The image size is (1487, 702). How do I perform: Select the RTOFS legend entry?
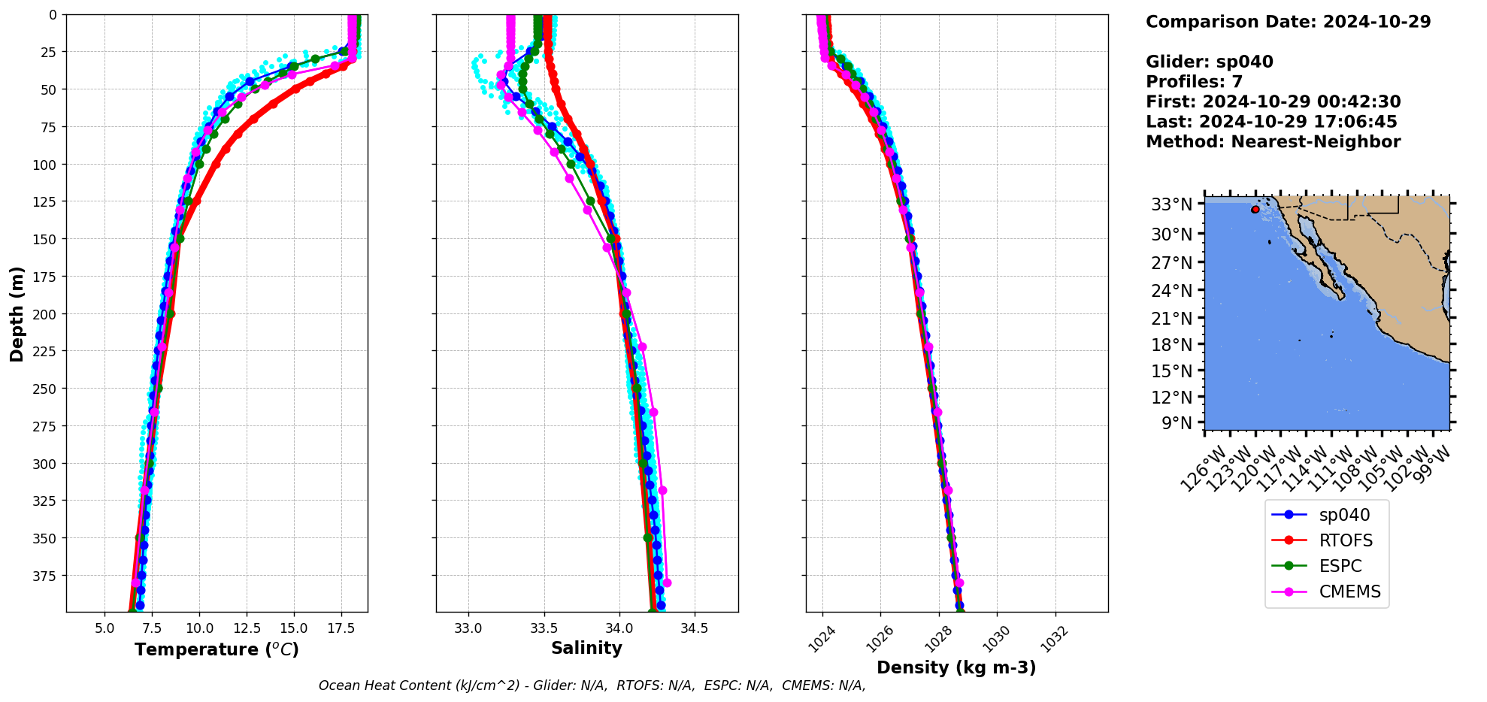click(1345, 540)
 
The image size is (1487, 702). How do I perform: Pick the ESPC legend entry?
click(1340, 566)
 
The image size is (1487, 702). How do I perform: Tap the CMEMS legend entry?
click(1349, 592)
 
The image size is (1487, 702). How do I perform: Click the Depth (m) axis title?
click(17, 313)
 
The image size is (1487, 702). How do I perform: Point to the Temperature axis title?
click(217, 649)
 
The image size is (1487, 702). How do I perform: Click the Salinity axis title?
click(586, 649)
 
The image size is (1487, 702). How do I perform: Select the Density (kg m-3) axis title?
click(956, 667)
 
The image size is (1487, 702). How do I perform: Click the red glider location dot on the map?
click(1255, 210)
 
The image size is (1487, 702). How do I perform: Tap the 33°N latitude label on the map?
click(1172, 204)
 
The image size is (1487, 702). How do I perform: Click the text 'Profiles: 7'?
click(1194, 82)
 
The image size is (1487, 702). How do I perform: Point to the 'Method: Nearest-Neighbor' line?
click(1273, 142)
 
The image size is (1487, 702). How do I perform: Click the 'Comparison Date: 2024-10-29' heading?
click(1288, 22)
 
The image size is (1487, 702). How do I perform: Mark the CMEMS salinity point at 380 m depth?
click(666, 582)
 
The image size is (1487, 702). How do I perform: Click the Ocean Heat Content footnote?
click(592, 685)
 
